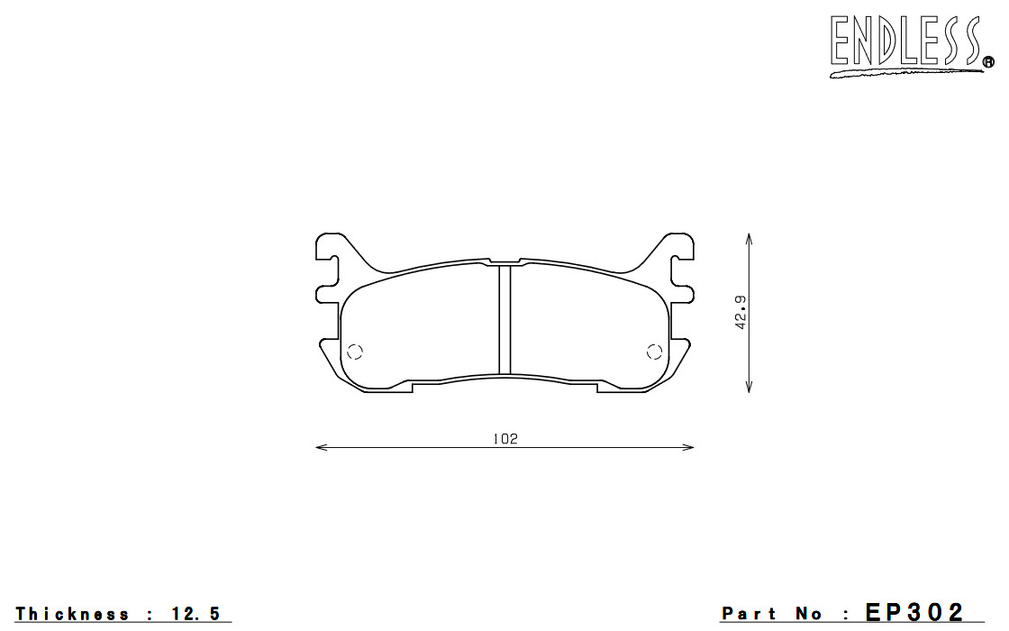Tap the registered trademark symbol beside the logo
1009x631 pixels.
pyautogui.click(x=988, y=62)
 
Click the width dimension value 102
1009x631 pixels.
pyautogui.click(x=505, y=438)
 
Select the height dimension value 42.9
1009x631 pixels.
pyautogui.click(x=741, y=312)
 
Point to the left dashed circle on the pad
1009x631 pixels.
pyautogui.click(x=355, y=352)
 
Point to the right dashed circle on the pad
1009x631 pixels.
pyautogui.click(x=654, y=352)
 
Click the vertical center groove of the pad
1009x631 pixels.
pyautogui.click(x=505, y=319)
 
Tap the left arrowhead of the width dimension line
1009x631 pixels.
pyautogui.click(x=321, y=447)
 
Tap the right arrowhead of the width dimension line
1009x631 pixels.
pyautogui.click(x=688, y=447)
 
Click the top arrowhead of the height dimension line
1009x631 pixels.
pyautogui.click(x=749, y=239)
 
